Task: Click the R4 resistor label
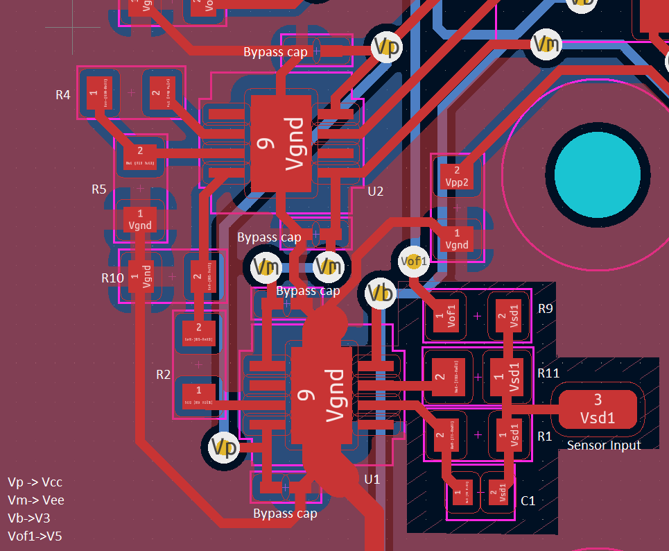[63, 94]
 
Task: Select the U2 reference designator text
[375, 191]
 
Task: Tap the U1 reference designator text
[372, 480]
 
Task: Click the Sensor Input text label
[604, 445]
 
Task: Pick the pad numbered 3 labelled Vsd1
[598, 409]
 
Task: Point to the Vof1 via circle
[415, 261]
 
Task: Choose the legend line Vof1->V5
[35, 535]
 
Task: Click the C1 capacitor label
[528, 500]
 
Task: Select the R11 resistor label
[548, 373]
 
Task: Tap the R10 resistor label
[112, 278]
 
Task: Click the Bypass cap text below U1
[285, 514]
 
